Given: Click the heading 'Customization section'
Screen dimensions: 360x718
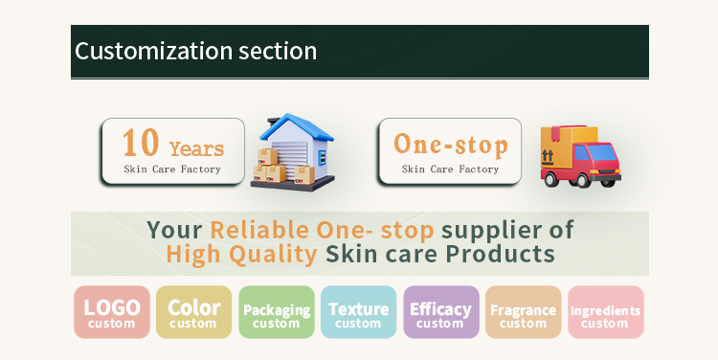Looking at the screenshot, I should pos(195,51).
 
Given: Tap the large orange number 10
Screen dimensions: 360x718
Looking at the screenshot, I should pos(140,143).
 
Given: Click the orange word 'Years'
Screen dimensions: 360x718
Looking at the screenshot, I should pos(196,148).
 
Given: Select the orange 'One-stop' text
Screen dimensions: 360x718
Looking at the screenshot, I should pos(450,144).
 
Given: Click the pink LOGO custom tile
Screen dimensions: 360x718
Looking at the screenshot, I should pos(112,312).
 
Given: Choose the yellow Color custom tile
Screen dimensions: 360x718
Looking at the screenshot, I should pos(193,312).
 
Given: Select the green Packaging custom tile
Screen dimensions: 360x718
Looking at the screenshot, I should pos(277,312).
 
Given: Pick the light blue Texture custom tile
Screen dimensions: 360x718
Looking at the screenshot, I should pos(358,312).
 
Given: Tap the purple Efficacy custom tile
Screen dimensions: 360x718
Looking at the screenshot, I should pos(440,312).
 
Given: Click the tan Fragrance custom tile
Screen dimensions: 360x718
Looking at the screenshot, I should pos(523,312).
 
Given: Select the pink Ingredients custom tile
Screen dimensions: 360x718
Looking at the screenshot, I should pos(605,312).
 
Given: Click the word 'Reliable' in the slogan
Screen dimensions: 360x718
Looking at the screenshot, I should pos(259,230).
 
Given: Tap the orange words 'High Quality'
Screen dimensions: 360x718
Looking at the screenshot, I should pos(241,255).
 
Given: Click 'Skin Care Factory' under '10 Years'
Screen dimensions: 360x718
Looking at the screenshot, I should pos(172,169).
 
